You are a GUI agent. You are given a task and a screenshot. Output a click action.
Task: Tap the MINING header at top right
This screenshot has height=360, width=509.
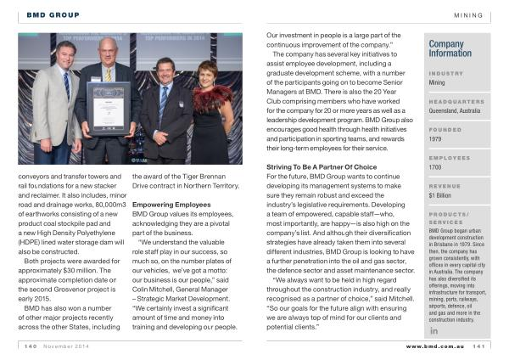[x=468, y=14]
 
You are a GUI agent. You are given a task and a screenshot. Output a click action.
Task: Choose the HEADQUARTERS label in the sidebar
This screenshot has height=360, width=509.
[x=456, y=101]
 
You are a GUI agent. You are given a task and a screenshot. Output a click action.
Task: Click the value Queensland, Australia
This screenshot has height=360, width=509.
[x=455, y=111]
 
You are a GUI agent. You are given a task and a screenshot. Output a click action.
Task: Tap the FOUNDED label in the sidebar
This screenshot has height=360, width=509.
[x=445, y=129]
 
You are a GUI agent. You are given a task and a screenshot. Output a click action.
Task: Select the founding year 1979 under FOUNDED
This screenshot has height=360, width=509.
[x=436, y=139]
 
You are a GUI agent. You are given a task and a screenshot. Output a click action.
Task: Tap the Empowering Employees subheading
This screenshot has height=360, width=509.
[x=172, y=205]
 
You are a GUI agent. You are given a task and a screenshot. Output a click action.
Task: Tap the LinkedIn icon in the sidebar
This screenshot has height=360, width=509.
[x=433, y=330]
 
